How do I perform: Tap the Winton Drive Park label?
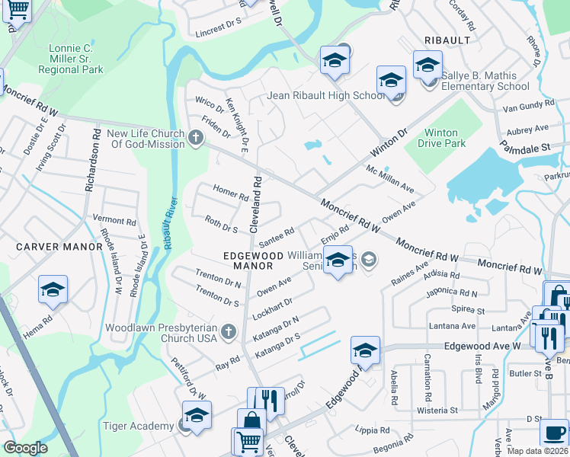445,137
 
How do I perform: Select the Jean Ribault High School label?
326,96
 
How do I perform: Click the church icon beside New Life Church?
196,138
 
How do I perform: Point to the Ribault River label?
169,224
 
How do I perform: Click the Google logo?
25,448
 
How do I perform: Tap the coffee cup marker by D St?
554,433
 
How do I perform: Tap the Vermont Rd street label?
114,220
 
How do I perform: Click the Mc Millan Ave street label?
390,178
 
